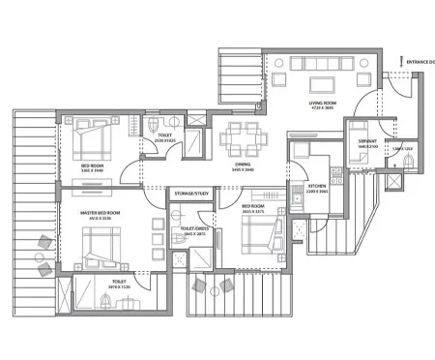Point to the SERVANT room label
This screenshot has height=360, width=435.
(368, 140)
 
